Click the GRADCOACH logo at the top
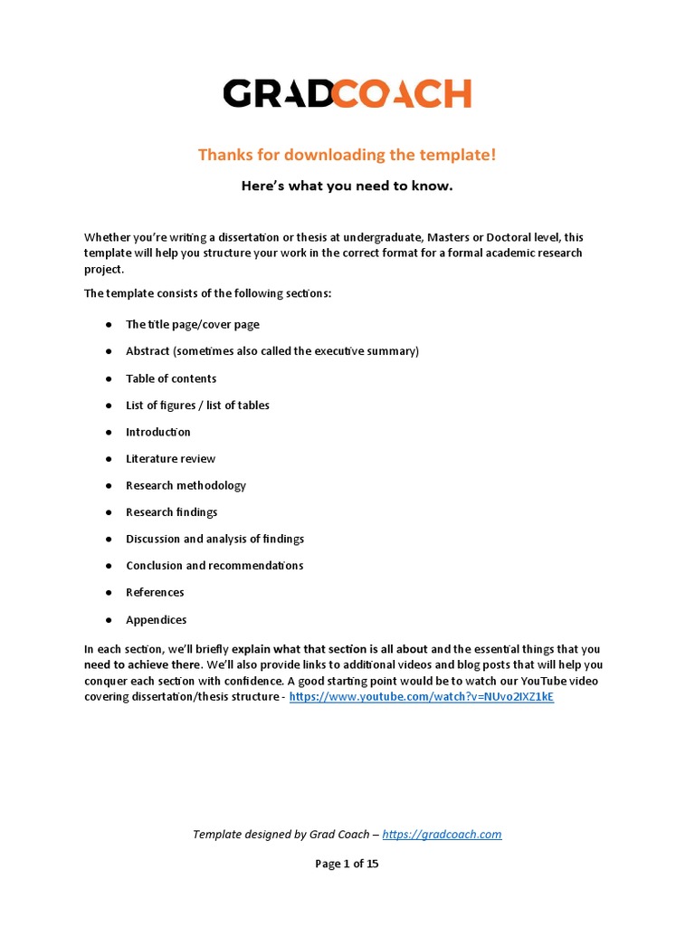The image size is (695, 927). (347, 94)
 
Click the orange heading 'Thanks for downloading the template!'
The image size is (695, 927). (347, 155)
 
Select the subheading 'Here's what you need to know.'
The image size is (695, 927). (347, 186)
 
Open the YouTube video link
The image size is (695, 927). (421, 698)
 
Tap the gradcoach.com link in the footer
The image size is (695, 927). (442, 835)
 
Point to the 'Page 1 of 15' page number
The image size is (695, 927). (347, 864)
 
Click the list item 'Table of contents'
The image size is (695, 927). (171, 378)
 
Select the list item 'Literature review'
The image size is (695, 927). (170, 459)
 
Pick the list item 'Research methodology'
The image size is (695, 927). (186, 485)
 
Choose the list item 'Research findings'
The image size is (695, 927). (171, 512)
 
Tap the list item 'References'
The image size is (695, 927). (155, 592)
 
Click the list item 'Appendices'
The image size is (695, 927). (156, 620)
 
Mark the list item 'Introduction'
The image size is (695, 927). (158, 432)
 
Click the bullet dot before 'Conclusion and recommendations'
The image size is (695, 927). (108, 566)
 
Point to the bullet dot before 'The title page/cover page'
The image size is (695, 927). (108, 325)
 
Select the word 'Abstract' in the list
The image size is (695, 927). (148, 351)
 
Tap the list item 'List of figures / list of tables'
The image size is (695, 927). (197, 406)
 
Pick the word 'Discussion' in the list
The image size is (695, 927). (153, 539)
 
